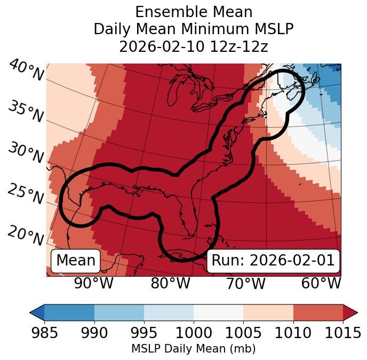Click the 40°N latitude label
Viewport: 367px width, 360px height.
coord(26,71)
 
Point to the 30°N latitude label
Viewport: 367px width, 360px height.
coord(26,153)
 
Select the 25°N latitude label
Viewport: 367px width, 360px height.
coord(26,194)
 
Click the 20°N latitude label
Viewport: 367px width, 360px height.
coord(26,236)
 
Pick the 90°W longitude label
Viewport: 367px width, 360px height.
coord(93,283)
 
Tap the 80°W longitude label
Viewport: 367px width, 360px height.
coord(170,283)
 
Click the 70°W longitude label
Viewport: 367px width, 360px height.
coord(245,283)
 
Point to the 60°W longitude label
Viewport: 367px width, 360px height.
coord(321,283)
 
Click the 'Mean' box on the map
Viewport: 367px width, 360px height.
coord(76,261)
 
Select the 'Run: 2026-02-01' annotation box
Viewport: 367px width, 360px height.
coord(273,261)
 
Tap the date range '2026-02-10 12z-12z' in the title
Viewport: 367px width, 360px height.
coord(194,46)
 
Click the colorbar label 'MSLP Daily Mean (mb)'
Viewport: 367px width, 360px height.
coord(194,349)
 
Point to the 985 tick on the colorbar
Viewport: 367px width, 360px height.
coord(44,333)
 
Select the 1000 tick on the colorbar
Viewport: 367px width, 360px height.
coord(194,333)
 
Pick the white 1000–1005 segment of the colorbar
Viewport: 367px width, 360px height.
coord(218,312)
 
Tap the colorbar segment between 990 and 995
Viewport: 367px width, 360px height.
coord(119,312)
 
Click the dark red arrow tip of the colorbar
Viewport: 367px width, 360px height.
coord(350,312)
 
